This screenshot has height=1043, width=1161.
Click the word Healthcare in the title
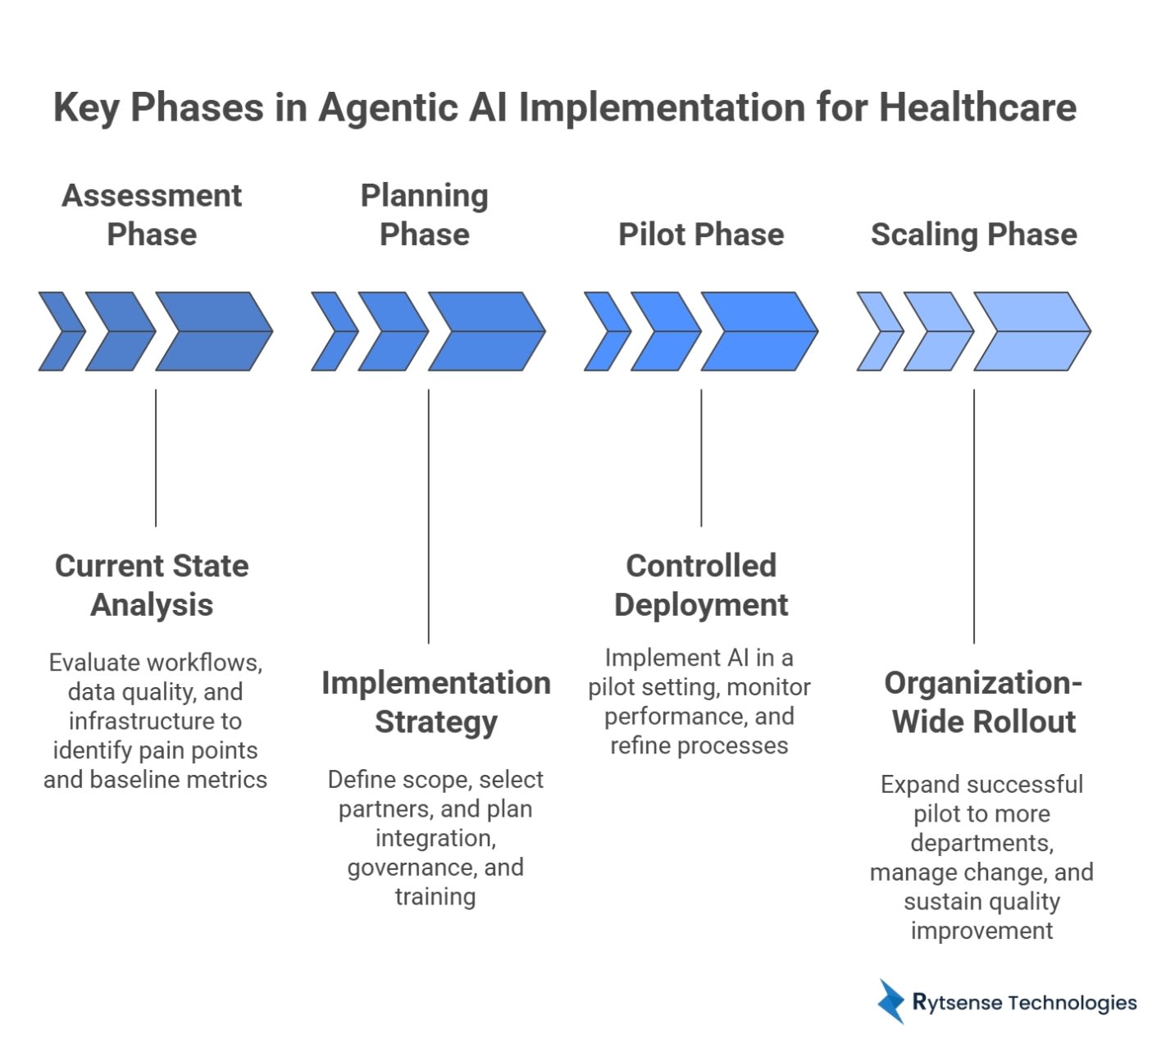coord(977,107)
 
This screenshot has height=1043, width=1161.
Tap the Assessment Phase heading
coord(152,215)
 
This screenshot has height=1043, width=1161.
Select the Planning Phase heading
coord(425,215)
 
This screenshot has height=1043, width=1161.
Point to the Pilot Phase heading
coord(701,235)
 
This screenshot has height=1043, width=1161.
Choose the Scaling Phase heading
coord(973,235)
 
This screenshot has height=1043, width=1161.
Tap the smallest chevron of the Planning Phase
coord(333,331)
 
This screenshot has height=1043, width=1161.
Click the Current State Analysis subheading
coord(152,585)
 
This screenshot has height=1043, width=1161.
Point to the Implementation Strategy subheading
coord(435,702)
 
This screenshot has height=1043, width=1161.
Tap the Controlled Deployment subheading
coord(701,585)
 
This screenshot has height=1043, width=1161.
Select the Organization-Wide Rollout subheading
coord(983,702)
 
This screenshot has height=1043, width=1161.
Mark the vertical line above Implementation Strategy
coord(428,517)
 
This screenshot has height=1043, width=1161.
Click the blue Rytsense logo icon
coord(890,1001)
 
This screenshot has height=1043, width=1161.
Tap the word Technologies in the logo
coord(1072,1002)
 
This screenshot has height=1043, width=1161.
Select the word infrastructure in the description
coord(155,721)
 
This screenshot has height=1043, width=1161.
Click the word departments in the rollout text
coord(981,843)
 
